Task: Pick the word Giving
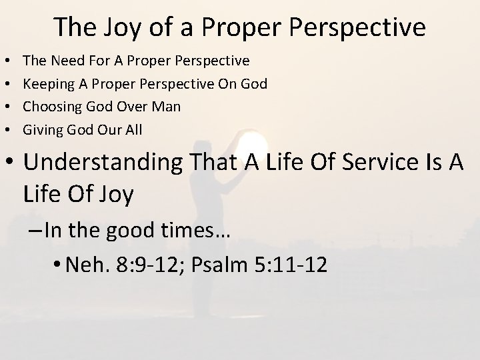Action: [x=42, y=129]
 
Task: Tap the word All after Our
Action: [x=131, y=129]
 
